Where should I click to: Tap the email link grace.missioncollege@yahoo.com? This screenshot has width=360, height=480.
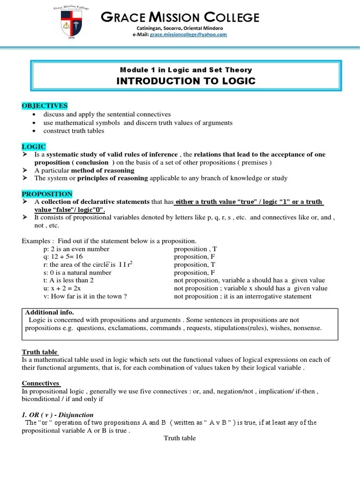188,35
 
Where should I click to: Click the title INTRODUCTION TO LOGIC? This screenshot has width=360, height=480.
186,81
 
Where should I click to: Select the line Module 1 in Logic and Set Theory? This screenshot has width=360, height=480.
186,70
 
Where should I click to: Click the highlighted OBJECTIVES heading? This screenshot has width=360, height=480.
45,105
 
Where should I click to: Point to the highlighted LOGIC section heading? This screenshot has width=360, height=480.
34,147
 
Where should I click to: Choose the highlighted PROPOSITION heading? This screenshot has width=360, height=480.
47,194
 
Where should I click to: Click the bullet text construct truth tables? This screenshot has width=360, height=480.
74,131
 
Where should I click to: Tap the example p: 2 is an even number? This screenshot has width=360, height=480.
76,249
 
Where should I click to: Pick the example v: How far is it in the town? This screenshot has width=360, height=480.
85,296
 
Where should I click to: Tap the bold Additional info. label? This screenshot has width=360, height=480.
49,312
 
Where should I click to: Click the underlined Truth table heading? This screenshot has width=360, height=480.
40,352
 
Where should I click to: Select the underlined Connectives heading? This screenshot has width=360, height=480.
41,383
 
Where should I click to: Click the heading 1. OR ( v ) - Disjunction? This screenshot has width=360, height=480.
58,415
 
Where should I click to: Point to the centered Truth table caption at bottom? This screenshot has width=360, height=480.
180,438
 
